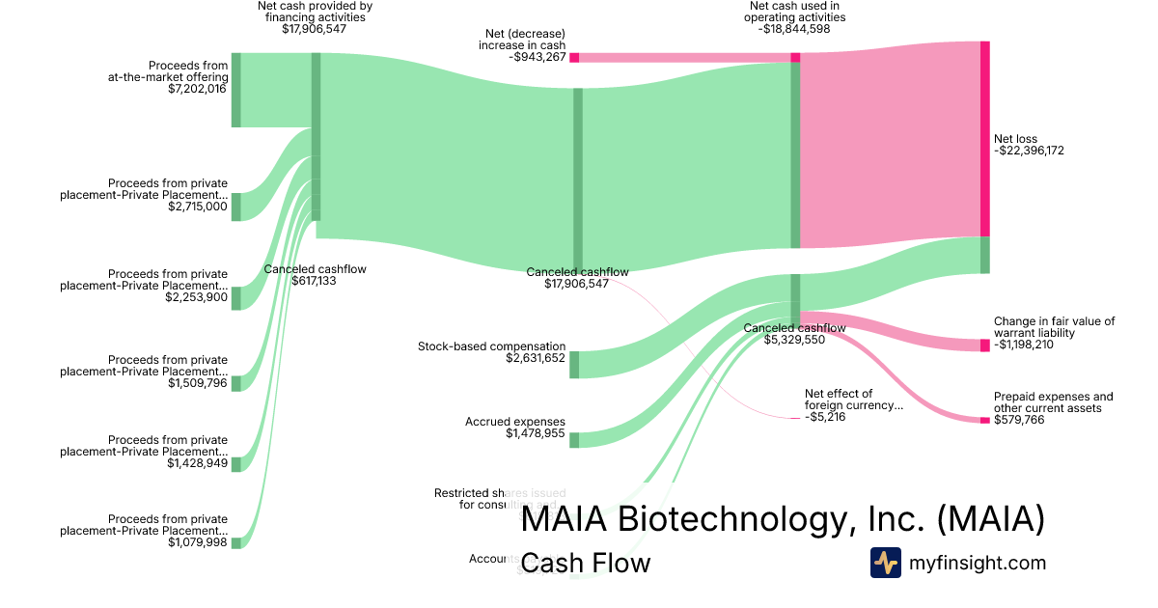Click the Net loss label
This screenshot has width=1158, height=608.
(1016, 139)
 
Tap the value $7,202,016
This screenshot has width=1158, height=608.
(197, 90)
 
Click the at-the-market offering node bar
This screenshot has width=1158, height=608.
(236, 90)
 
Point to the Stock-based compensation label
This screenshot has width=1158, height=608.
(492, 345)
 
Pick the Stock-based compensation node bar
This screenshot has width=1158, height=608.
(574, 364)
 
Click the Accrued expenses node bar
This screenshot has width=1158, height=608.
(574, 440)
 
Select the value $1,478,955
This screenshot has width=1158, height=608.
(536, 434)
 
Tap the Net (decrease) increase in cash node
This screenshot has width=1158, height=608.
(574, 58)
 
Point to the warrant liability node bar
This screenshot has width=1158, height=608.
(985, 345)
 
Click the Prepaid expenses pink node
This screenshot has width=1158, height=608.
(985, 420)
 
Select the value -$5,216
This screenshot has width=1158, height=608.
(825, 418)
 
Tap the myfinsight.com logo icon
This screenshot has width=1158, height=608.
(885, 563)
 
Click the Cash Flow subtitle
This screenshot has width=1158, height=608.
(585, 563)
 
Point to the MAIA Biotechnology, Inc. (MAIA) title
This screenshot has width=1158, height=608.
(783, 520)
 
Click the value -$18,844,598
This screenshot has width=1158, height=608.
(795, 29)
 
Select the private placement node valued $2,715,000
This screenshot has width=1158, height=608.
(236, 207)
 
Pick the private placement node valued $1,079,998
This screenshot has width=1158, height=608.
(236, 543)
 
